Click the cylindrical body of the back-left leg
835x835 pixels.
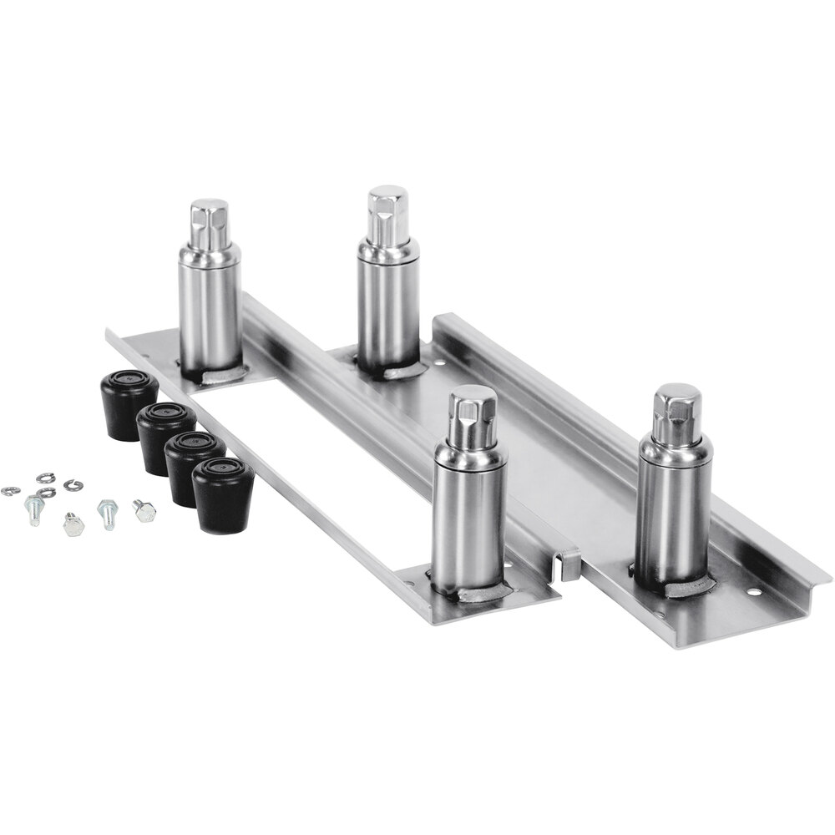coord(210,305)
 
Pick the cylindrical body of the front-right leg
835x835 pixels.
coord(673,509)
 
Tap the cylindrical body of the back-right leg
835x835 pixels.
coord(388,301)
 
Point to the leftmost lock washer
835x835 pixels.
coord(10,491)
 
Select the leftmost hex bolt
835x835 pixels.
coord(33,508)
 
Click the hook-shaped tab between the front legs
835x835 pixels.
coord(569,564)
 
